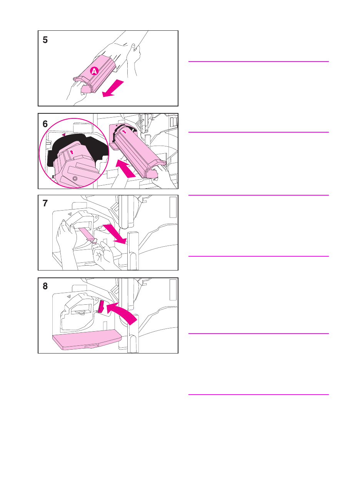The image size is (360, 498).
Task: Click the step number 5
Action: tap(45, 40)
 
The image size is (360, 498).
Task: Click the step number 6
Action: tap(45, 124)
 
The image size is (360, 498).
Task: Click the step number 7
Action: tap(45, 203)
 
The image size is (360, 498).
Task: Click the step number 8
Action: tap(45, 286)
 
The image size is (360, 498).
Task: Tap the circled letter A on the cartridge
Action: tap(94, 71)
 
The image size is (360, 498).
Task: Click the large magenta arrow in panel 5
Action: tap(113, 88)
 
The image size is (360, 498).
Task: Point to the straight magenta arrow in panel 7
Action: tap(115, 234)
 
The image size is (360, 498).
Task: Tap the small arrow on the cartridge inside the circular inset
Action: tap(72, 152)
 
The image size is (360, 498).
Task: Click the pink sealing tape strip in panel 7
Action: tap(85, 234)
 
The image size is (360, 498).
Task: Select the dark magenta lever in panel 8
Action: tap(101, 307)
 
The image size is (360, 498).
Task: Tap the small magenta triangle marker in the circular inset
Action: tap(64, 134)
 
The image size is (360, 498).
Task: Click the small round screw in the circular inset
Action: tap(75, 178)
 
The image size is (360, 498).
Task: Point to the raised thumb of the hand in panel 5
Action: tap(133, 47)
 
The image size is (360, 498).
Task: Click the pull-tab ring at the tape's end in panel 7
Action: tap(94, 241)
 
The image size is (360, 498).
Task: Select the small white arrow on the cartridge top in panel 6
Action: tap(125, 132)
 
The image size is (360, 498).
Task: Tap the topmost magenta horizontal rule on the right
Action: tap(258, 61)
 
